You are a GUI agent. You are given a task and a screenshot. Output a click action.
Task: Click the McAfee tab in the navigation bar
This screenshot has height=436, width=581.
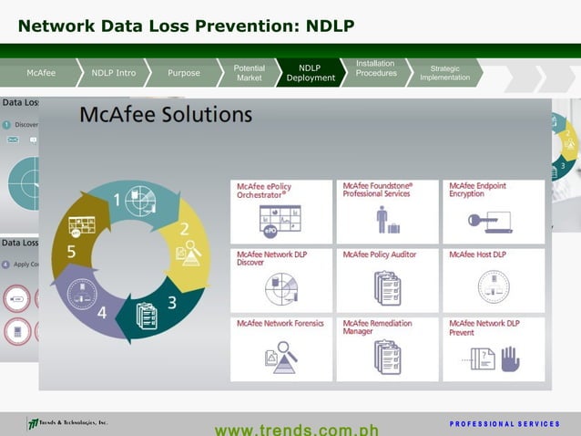tap(41, 73)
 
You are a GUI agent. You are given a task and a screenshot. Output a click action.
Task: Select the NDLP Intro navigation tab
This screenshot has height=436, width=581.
tap(114, 73)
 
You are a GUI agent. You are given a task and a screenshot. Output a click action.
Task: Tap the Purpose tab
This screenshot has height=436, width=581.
tap(184, 73)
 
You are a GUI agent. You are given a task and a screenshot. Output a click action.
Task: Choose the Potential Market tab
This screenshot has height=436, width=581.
tap(249, 73)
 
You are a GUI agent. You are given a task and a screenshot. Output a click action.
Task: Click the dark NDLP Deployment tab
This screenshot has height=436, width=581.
tap(311, 73)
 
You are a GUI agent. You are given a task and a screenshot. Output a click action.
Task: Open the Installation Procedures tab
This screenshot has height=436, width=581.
tap(375, 68)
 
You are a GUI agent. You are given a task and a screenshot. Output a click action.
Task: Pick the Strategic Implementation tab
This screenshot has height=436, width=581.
tap(444, 73)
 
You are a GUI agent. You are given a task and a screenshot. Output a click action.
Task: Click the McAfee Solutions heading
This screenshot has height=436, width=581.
tap(166, 115)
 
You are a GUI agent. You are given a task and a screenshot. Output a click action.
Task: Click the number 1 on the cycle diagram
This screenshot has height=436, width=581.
tap(117, 200)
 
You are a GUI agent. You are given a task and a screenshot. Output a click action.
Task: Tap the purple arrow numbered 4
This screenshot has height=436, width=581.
tap(101, 311)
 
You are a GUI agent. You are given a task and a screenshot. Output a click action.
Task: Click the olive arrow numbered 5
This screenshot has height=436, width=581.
tap(71, 249)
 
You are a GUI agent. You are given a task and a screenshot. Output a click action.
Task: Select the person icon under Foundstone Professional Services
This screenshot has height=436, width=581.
tap(382, 220)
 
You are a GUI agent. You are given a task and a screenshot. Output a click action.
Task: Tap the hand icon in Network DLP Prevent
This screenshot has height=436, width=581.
tap(510, 358)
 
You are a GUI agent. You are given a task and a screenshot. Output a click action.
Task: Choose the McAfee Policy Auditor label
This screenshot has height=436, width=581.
tap(380, 255)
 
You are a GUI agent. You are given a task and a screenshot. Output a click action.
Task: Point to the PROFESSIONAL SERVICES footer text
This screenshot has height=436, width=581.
tap(504, 424)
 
